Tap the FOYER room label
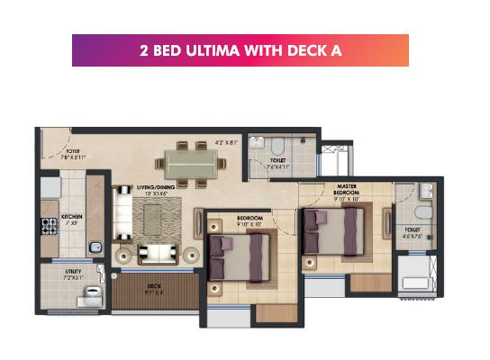[x=72, y=151]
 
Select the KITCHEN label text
[x=71, y=216]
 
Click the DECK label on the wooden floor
[x=154, y=286]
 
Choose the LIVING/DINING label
[x=156, y=188]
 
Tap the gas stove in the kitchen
[x=49, y=225]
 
